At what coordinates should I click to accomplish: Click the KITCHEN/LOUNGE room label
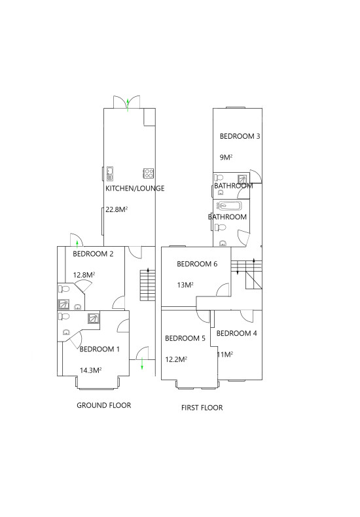(x=135, y=188)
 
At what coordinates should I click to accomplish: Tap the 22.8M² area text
(x=117, y=209)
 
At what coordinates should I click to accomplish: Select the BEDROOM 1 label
(x=99, y=349)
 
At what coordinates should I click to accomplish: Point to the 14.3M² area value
(x=91, y=370)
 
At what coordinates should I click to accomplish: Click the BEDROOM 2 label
(x=93, y=254)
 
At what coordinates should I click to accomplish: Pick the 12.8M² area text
(x=84, y=275)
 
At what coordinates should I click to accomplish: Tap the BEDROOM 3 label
(x=240, y=136)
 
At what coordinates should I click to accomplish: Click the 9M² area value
(x=226, y=157)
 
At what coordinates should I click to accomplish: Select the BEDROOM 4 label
(x=237, y=333)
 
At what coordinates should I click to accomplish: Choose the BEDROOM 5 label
(x=185, y=338)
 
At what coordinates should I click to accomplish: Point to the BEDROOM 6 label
(x=197, y=264)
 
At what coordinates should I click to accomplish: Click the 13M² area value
(x=185, y=285)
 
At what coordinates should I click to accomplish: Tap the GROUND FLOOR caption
(x=104, y=405)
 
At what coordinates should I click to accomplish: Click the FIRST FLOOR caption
(x=202, y=408)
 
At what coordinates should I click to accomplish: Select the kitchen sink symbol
(x=109, y=174)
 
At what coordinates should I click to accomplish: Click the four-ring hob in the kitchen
(x=149, y=173)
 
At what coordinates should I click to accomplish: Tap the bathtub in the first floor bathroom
(x=229, y=206)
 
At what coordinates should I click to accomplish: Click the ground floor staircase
(x=148, y=285)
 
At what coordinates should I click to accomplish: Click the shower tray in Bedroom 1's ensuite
(x=94, y=319)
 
